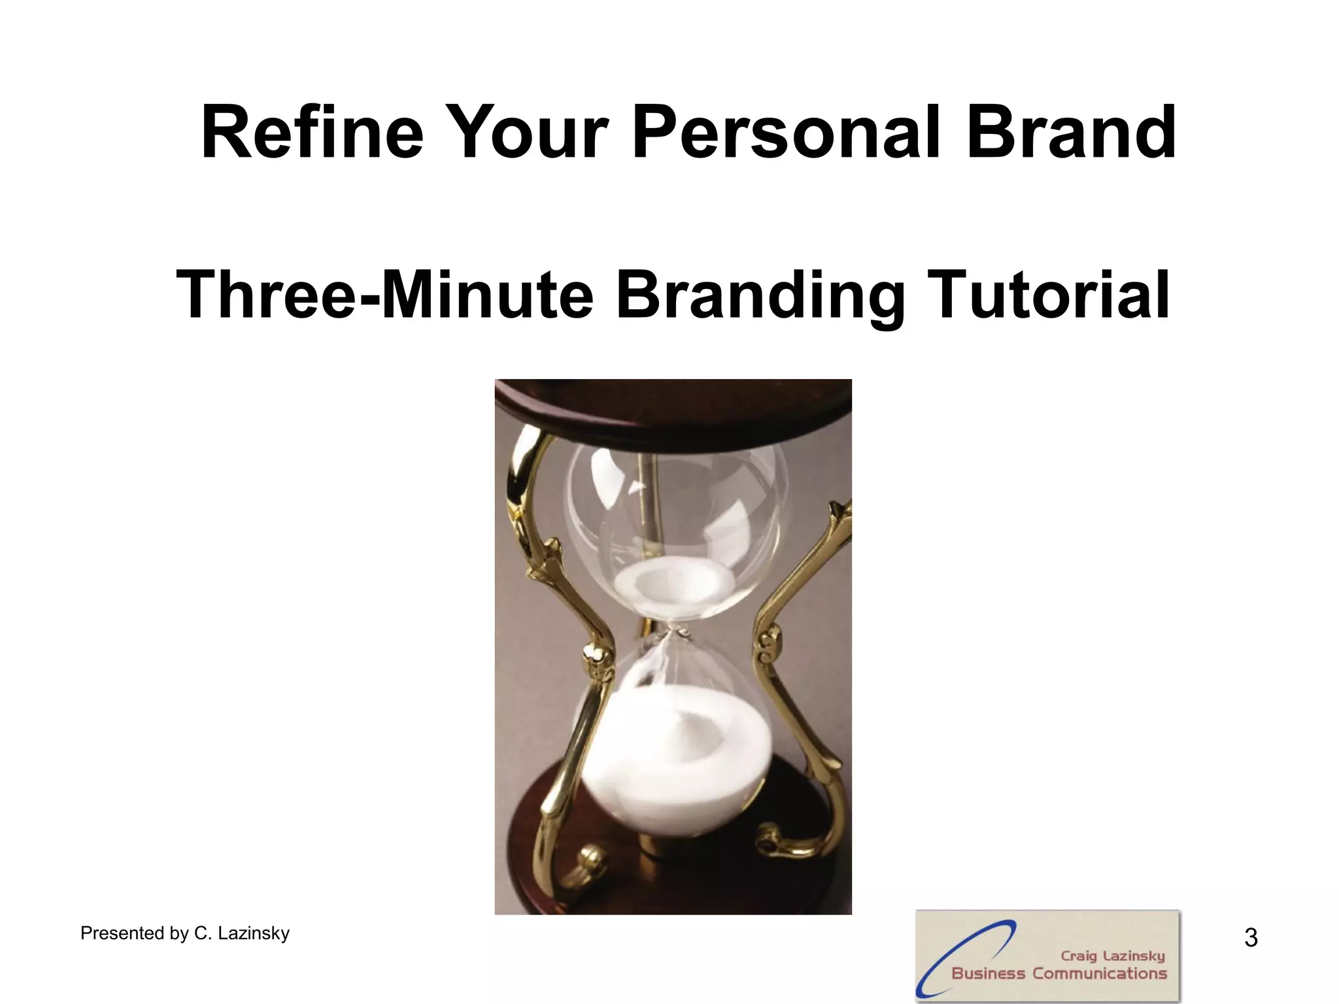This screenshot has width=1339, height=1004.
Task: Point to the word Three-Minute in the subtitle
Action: tap(384, 295)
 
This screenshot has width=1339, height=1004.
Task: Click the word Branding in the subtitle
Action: tap(760, 295)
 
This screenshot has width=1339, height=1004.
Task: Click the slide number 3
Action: tap(1251, 938)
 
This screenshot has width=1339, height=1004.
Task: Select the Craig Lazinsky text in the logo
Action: tap(1113, 956)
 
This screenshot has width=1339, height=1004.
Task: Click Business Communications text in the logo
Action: tap(1059, 973)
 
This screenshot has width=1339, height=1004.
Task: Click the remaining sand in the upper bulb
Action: tap(673, 582)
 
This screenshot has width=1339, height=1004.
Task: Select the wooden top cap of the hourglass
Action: tap(673, 409)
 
